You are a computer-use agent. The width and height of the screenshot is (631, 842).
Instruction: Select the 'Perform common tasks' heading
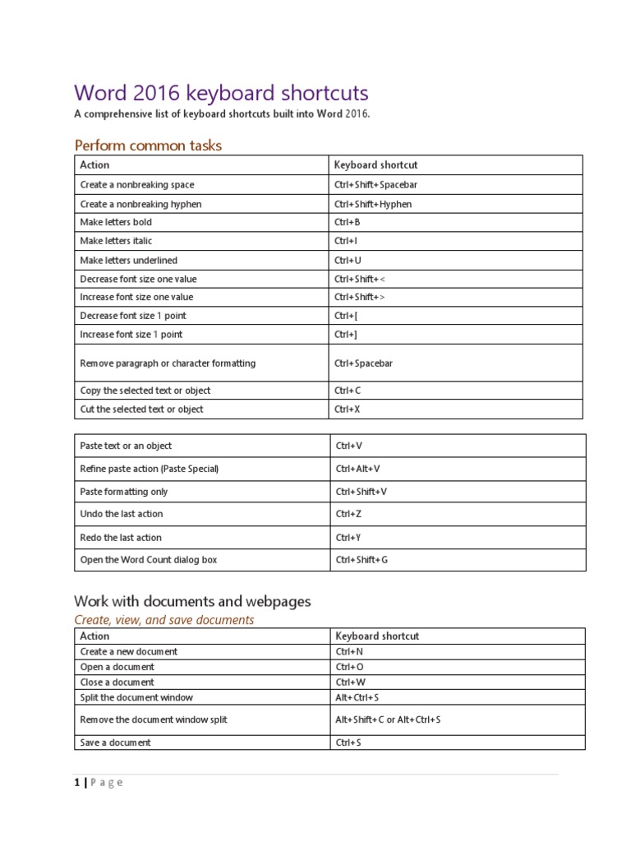tap(148, 146)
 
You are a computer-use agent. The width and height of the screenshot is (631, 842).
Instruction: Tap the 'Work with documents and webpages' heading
tap(192, 601)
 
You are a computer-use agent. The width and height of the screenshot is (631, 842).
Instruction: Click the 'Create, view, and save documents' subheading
tap(164, 620)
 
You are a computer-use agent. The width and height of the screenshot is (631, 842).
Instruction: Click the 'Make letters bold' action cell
tap(116, 222)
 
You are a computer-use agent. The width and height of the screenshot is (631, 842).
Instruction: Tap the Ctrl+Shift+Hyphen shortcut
tap(373, 204)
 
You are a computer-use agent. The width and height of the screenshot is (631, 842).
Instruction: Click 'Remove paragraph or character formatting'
tap(168, 363)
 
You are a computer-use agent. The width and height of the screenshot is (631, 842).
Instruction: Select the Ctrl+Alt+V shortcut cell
tap(358, 469)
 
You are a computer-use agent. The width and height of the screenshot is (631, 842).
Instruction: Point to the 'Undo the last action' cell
tap(122, 514)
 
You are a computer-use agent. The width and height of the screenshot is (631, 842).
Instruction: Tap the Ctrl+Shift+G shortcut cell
tap(362, 560)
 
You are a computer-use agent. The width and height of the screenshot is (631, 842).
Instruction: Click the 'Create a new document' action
tap(129, 651)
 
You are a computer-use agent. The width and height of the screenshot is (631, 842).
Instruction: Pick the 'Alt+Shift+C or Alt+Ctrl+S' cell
tap(388, 719)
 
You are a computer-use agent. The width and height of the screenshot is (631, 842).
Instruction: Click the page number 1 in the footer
tap(77, 783)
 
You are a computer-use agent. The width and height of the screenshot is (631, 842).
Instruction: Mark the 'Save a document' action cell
tap(116, 743)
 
